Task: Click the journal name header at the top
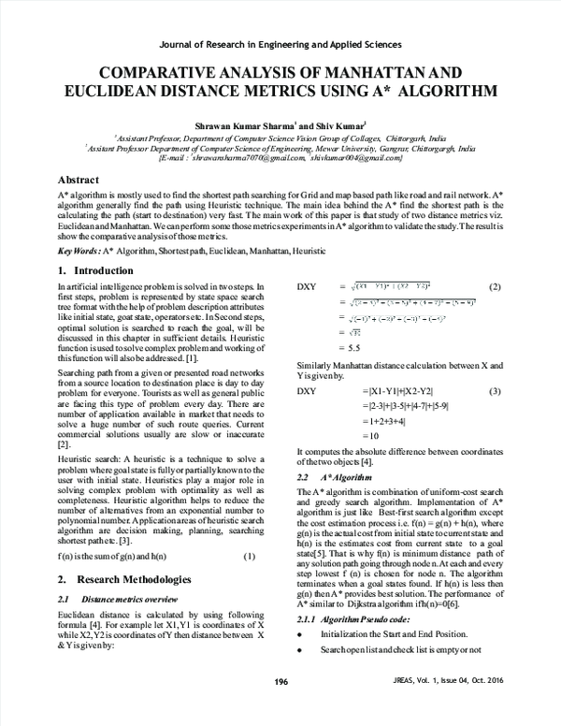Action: click(x=280, y=44)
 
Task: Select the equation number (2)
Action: click(x=496, y=286)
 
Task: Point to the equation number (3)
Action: click(x=496, y=389)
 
